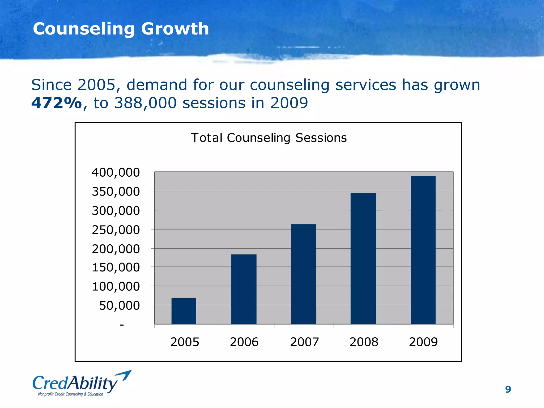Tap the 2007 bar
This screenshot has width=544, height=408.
coord(303,274)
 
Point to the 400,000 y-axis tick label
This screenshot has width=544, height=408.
coord(116,172)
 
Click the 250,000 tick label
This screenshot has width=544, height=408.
coord(116,230)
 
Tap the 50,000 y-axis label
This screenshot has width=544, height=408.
coord(119,305)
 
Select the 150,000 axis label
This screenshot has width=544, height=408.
coord(116,267)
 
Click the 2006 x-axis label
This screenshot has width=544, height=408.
coord(244,342)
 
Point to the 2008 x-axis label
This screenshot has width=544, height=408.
coord(364,342)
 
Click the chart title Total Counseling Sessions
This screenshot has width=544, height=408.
coord(269,138)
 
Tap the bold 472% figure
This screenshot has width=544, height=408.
coord(56,103)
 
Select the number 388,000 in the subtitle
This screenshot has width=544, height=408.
coord(145,103)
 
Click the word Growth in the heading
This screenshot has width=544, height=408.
coord(175,29)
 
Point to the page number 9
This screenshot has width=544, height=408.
coord(508,389)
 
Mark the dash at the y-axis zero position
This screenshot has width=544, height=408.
coord(122,325)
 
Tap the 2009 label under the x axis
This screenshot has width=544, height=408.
coord(423,342)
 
